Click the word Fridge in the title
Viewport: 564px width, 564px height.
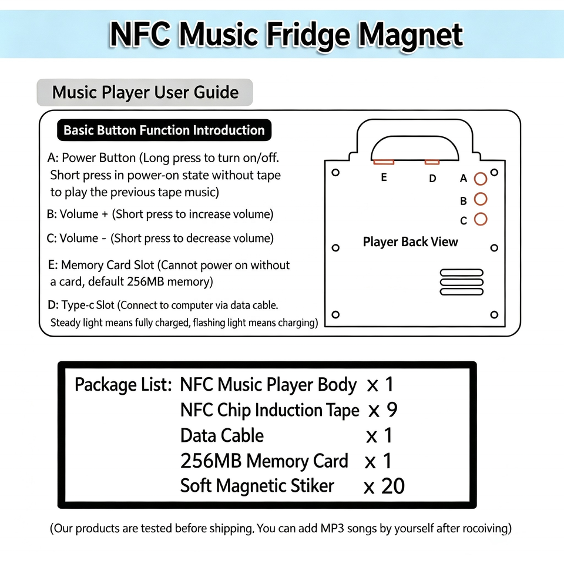308,35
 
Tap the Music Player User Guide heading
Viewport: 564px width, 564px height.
145,92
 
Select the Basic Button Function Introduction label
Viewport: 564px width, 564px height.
164,130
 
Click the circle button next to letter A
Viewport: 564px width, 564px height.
481,179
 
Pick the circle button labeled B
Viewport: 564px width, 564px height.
481,199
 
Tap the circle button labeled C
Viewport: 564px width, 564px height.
481,219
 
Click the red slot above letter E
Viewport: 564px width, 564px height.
384,162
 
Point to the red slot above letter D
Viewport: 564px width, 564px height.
432,162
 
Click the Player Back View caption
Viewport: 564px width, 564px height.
411,242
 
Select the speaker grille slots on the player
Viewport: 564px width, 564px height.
462,282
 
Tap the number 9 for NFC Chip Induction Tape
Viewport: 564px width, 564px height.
392,409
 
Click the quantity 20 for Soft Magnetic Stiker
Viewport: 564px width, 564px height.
393,486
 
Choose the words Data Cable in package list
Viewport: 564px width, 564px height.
222,435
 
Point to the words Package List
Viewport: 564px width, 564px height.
123,385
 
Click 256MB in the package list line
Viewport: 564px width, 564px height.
211,461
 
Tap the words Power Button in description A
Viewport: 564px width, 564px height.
99,158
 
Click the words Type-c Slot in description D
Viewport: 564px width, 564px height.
88,305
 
